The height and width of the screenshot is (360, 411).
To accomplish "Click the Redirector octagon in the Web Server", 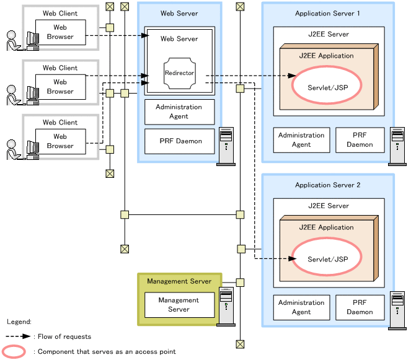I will (179, 73).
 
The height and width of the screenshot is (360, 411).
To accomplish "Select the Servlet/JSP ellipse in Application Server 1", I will (327, 87).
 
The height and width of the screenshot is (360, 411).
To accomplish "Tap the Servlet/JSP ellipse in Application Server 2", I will (327, 258).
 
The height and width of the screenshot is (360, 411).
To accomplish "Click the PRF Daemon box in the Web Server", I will (180, 141).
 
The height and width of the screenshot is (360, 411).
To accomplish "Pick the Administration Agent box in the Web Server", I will (180, 112).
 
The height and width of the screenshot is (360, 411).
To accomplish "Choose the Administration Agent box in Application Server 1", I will (301, 140).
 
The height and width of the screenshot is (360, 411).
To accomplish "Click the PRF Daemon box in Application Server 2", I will (360, 307).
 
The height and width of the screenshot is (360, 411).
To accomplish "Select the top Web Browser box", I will (60, 32).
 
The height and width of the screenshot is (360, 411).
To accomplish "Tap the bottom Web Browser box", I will (60, 141).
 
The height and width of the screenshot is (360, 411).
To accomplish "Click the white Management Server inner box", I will (179, 305).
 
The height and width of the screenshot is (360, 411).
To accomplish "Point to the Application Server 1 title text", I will (327, 13).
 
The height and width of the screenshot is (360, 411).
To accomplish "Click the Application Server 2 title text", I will (327, 185).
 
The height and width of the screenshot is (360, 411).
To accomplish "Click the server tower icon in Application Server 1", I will (397, 146).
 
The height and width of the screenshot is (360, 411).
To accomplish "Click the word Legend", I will (19, 322).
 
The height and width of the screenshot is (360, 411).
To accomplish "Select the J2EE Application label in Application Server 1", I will (326, 56).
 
